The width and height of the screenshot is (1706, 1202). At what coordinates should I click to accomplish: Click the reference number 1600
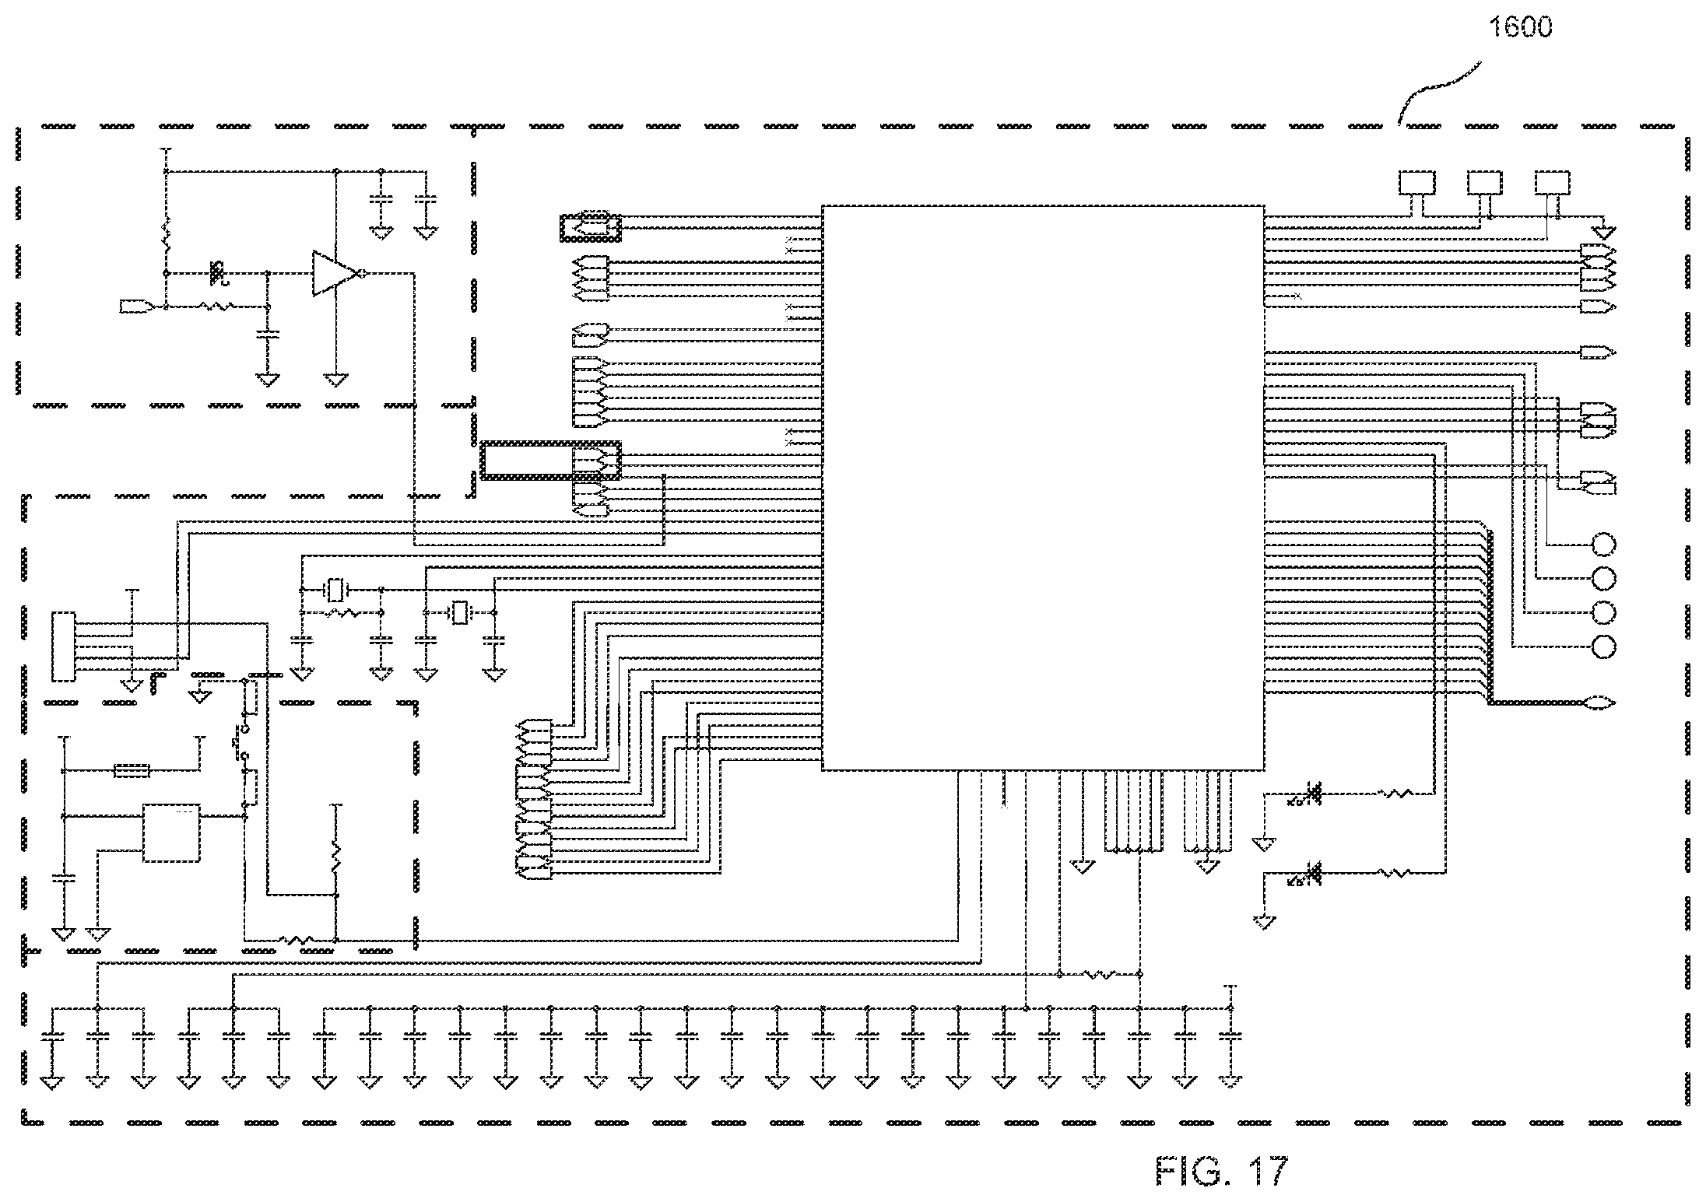click(x=1520, y=27)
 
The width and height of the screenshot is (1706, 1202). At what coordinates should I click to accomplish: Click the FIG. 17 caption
click(x=1223, y=1170)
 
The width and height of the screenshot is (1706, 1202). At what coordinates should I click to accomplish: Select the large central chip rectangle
click(x=1043, y=488)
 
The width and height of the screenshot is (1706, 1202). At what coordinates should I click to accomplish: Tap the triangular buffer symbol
click(x=334, y=273)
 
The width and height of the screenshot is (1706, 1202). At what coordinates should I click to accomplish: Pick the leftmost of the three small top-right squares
click(x=1417, y=183)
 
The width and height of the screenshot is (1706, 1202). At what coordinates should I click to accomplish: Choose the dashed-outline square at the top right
click(x=1553, y=183)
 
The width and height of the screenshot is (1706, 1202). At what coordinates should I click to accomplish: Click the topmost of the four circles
click(x=1604, y=544)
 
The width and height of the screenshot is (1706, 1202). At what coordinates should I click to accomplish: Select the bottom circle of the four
click(x=1604, y=647)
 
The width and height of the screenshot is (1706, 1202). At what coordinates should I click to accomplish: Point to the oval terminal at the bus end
click(x=1600, y=703)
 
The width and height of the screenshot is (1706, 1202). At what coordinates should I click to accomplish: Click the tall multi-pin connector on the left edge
click(x=63, y=647)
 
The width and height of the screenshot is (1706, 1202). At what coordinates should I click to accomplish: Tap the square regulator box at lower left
click(x=171, y=832)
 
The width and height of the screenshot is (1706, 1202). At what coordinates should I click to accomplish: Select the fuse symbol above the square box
click(x=132, y=771)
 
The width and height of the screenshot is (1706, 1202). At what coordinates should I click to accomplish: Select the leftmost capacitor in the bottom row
click(x=52, y=1036)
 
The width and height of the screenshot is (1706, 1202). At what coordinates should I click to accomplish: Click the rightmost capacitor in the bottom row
click(x=1230, y=1036)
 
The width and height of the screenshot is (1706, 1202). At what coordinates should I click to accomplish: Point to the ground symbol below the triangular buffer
click(x=335, y=380)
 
